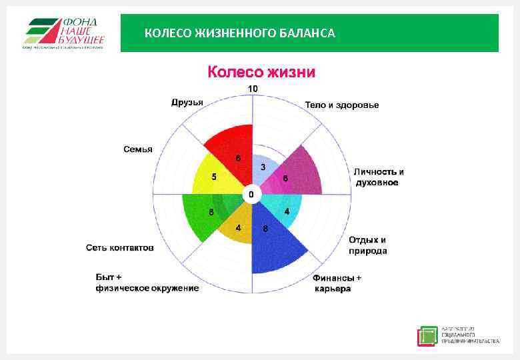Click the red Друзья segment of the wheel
coord(230,147)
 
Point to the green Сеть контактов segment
coord(203,213)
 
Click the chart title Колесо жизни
coord(261,71)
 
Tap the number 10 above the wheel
coord(253,89)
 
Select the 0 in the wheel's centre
coord(251,195)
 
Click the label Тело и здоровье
coord(341,105)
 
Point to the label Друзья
coord(187,102)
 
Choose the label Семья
coord(138,149)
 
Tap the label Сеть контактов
coord(120,248)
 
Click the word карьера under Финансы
coord(332,288)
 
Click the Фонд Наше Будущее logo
coord(63,33)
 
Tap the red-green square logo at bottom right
coord(427,336)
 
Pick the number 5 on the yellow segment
coord(214,177)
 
